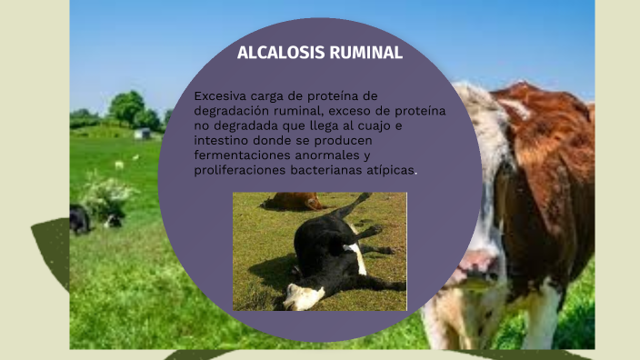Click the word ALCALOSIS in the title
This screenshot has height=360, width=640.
pyautogui.click(x=274, y=53)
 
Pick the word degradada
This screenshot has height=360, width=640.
pyautogui.click(x=252, y=125)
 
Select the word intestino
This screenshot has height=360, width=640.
pyautogui.click(x=224, y=141)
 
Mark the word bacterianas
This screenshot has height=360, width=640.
pyautogui.click(x=334, y=170)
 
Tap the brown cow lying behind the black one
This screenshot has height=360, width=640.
pyautogui.click(x=293, y=201)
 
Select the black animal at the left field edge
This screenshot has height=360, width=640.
pyautogui.click(x=80, y=219)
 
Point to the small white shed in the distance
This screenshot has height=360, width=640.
pyautogui.click(x=141, y=134)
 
